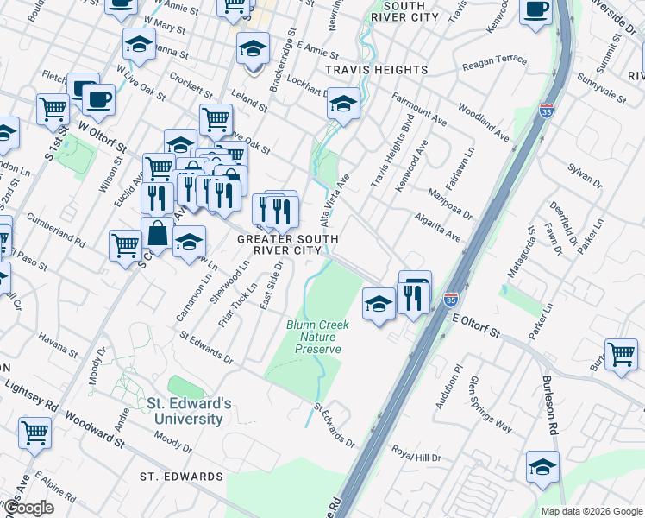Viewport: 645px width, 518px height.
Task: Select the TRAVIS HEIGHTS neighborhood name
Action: tap(375, 69)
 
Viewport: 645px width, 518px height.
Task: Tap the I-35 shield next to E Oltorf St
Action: tap(450, 300)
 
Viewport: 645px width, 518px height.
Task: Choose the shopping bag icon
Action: tap(157, 234)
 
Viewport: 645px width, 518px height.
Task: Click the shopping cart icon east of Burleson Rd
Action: tap(620, 354)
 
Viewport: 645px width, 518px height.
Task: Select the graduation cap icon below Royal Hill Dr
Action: tap(542, 468)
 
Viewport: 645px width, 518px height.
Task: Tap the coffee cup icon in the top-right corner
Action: tap(535, 10)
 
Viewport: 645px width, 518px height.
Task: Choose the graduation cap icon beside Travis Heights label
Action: tap(343, 105)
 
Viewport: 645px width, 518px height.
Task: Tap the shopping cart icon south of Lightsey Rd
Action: tap(35, 433)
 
